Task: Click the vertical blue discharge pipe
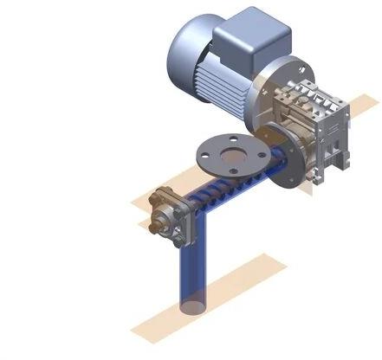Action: [191, 268]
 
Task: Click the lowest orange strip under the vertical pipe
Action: [208, 299]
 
